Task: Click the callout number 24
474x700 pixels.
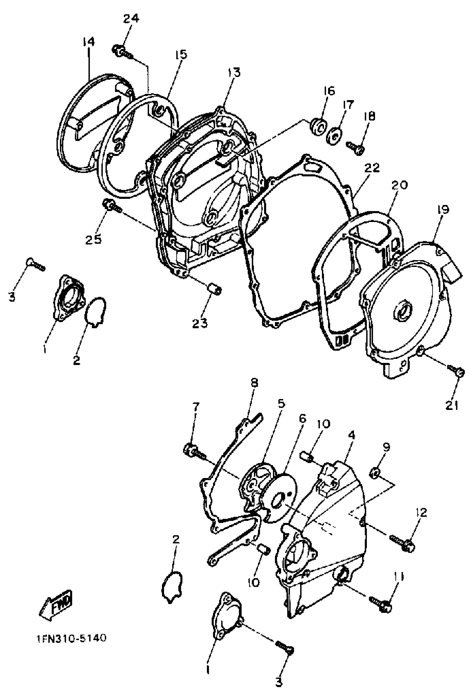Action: (x=131, y=19)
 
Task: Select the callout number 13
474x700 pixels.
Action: (x=234, y=73)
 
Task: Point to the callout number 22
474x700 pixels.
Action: (x=372, y=168)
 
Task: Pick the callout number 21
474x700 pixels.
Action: (x=452, y=405)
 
